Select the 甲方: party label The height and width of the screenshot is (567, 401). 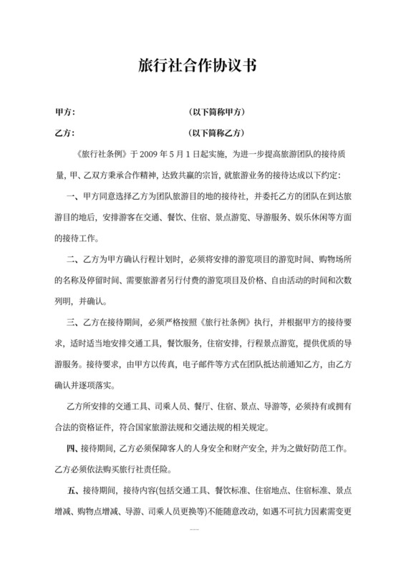coord(65,113)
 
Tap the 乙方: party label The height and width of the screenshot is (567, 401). coord(65,132)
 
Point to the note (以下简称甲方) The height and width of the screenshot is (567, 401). coord(216,113)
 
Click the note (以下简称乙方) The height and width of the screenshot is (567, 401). coord(216,132)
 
